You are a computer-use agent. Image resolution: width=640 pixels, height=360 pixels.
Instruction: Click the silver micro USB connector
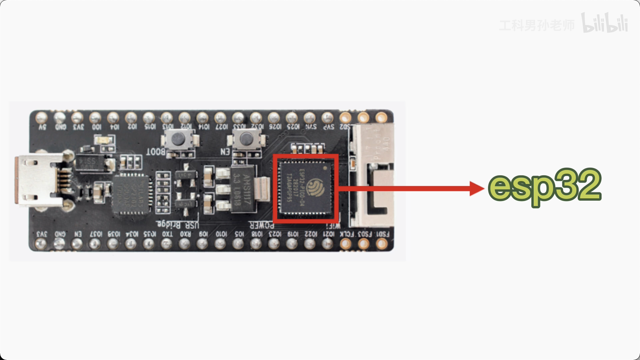point(38,180)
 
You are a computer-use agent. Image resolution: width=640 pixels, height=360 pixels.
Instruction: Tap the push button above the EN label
point(246,138)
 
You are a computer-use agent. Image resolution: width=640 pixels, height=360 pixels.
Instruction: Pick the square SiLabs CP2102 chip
point(130,194)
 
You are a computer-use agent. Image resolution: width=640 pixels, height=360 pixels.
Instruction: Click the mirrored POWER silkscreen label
point(262,225)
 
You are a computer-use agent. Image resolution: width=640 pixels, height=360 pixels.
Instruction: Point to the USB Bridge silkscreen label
point(178,224)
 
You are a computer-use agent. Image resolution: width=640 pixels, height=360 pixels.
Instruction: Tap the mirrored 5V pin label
point(42,127)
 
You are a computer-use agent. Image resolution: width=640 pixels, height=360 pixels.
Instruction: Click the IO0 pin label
point(96,127)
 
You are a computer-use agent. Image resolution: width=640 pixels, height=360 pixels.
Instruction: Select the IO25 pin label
point(293,127)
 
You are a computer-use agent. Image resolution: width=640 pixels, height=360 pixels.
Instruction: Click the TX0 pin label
point(167,234)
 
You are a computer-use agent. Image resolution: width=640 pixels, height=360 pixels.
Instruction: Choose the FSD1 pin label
point(382,234)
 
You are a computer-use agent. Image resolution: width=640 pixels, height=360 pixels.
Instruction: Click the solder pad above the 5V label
point(42,117)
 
